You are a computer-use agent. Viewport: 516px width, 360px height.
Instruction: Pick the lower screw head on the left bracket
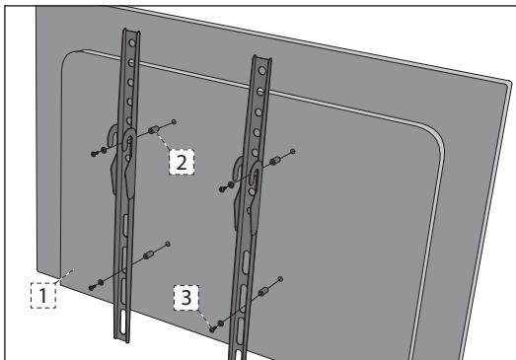tap(94, 286)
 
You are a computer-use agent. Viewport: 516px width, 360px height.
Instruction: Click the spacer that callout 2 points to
tap(155, 130)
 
